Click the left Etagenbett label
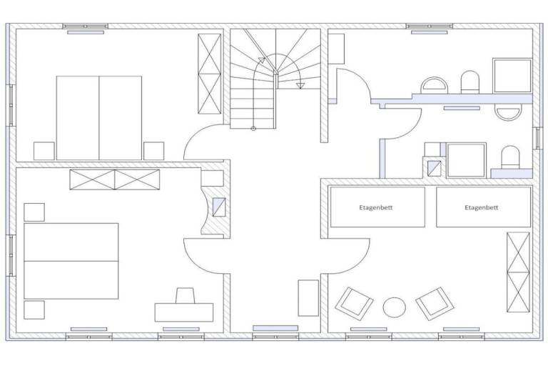tap(376, 207)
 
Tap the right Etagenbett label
tap(481, 207)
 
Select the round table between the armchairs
tap(394, 307)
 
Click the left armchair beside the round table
tap(354, 303)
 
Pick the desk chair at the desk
tap(185, 296)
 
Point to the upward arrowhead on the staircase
tap(262, 60)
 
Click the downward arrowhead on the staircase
tap(300, 86)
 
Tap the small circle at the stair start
tap(253, 129)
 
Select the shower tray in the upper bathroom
tap(512, 76)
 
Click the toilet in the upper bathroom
tap(470, 82)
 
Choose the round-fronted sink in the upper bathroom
tap(434, 86)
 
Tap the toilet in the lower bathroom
tap(510, 157)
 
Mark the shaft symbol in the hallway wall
tap(219, 207)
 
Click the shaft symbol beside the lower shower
tap(435, 168)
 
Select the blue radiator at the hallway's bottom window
tap(275, 328)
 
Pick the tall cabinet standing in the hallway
tap(308, 297)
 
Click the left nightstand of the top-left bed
tap(44, 151)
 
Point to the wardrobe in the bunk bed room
tap(518, 272)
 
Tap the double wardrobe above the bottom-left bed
tap(115, 179)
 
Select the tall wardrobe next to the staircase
tap(210, 74)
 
